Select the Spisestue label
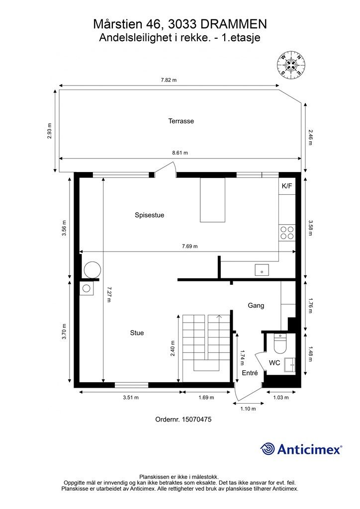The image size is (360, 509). click(x=149, y=215)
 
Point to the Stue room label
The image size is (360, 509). click(x=137, y=333)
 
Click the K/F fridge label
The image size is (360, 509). click(x=287, y=186)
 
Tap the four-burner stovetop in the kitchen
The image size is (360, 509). click(x=287, y=233)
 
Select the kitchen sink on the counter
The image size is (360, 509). click(x=262, y=270)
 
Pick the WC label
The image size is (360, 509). click(x=274, y=363)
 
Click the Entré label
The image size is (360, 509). click(x=250, y=373)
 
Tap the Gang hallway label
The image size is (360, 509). click(x=256, y=306)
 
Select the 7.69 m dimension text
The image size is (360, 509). click(x=189, y=247)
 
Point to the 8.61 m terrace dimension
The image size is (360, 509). click(x=180, y=153)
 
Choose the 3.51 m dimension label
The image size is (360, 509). click(x=131, y=397)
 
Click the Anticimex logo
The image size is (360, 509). click(x=301, y=449)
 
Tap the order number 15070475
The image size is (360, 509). click(x=197, y=420)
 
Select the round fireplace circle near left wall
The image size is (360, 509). click(x=92, y=270)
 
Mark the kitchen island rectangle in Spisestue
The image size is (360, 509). click(x=212, y=200)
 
